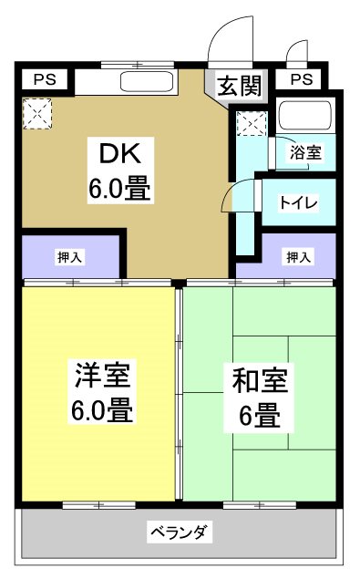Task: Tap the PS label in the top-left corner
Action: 44,79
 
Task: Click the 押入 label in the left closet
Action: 69,257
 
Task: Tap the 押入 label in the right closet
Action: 297,257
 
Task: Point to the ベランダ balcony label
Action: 180,532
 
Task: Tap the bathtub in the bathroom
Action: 305,116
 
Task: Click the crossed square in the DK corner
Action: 37,114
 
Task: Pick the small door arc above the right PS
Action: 295,53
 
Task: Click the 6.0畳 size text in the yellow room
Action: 102,410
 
